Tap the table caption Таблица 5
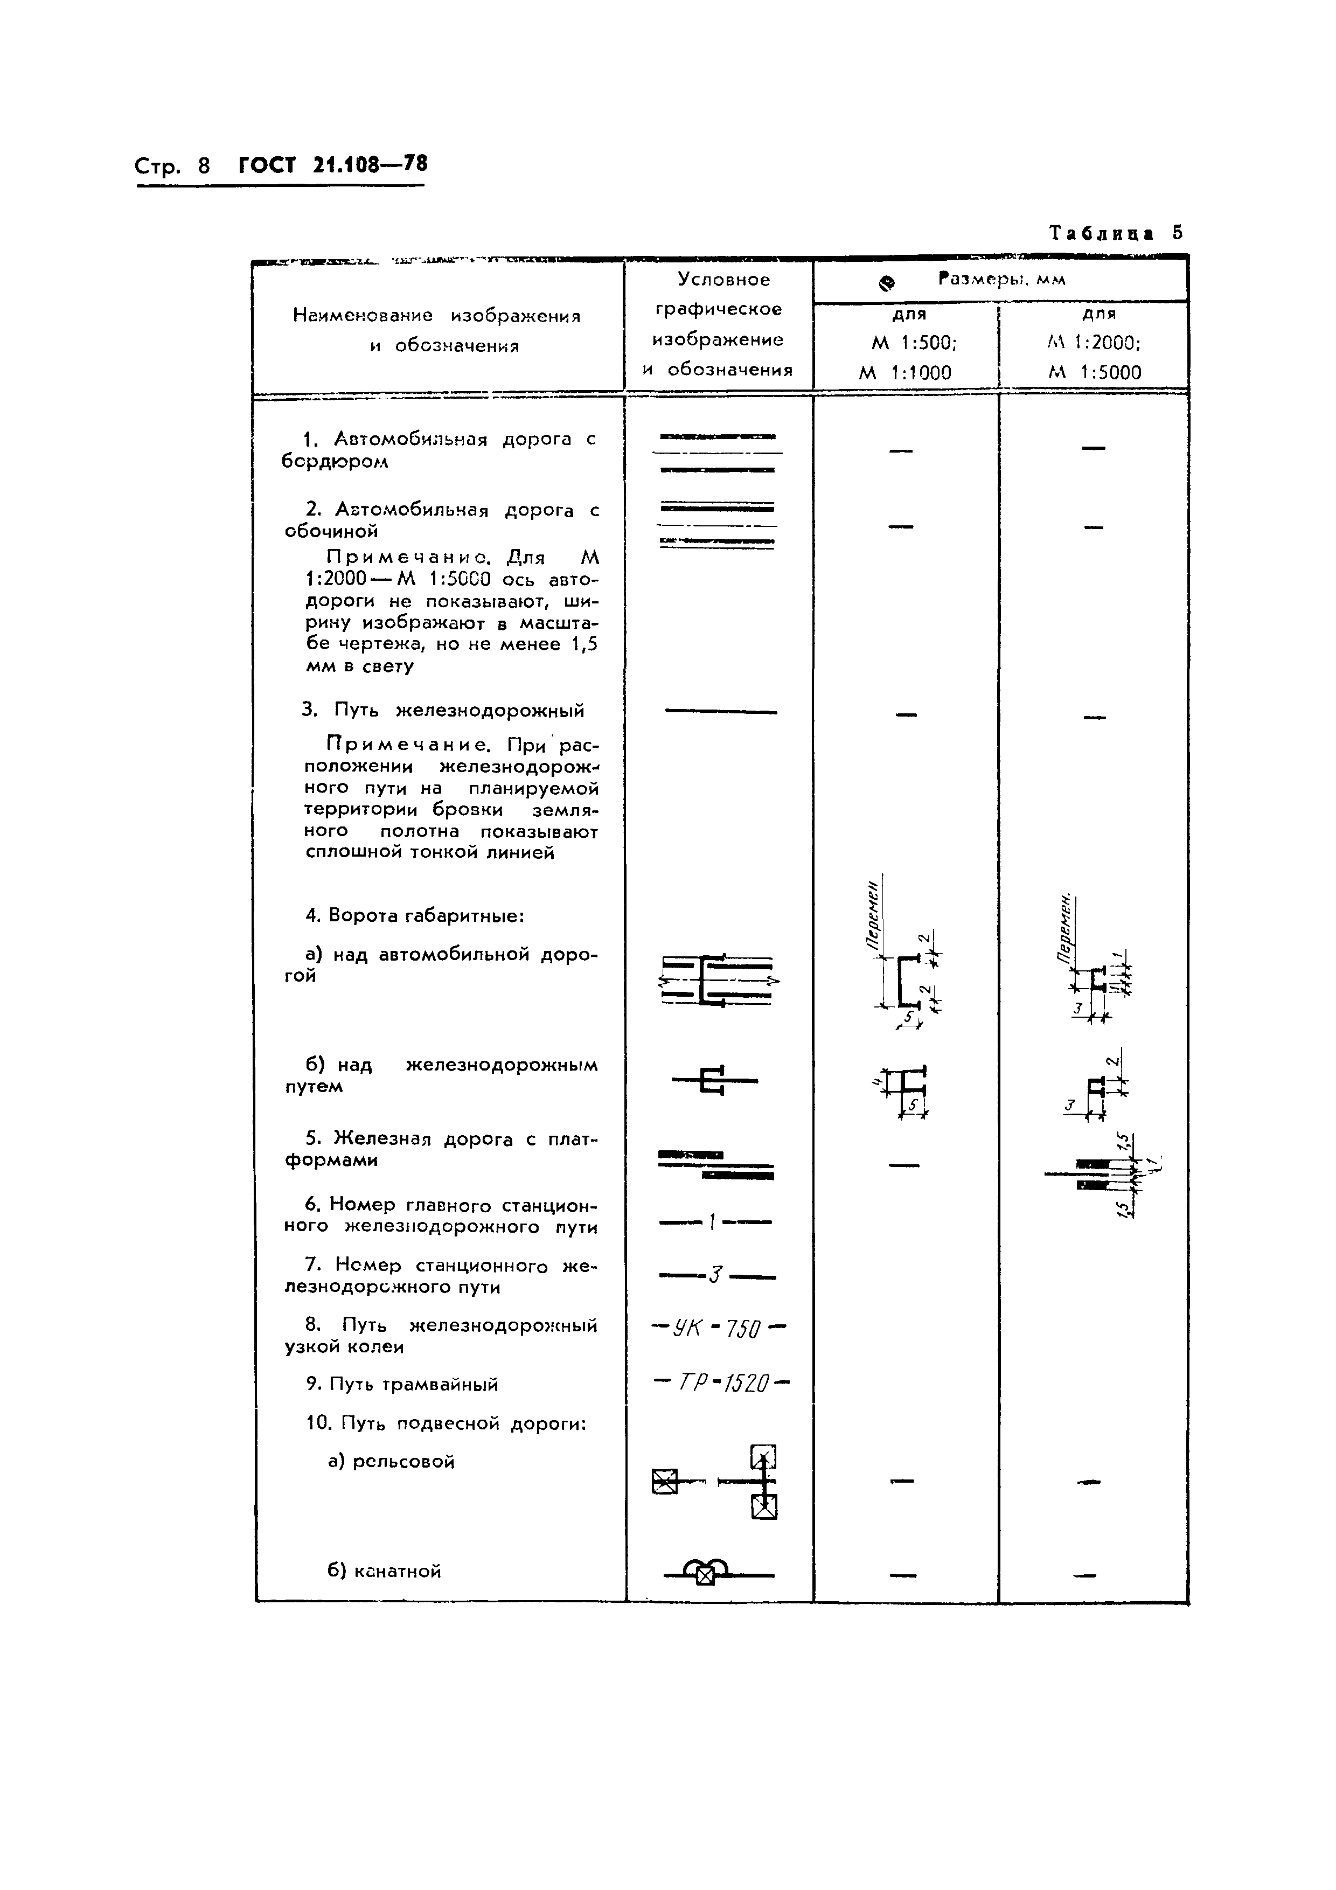click(x=1115, y=233)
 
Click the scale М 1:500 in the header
click(x=908, y=343)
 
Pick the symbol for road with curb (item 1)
click(x=718, y=453)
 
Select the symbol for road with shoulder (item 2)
click(x=718, y=525)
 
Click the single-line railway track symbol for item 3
click(x=720, y=711)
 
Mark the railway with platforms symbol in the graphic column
click(x=716, y=1165)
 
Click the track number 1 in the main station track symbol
click(x=711, y=1223)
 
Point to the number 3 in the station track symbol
click(x=715, y=1276)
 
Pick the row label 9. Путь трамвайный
click(x=402, y=1385)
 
